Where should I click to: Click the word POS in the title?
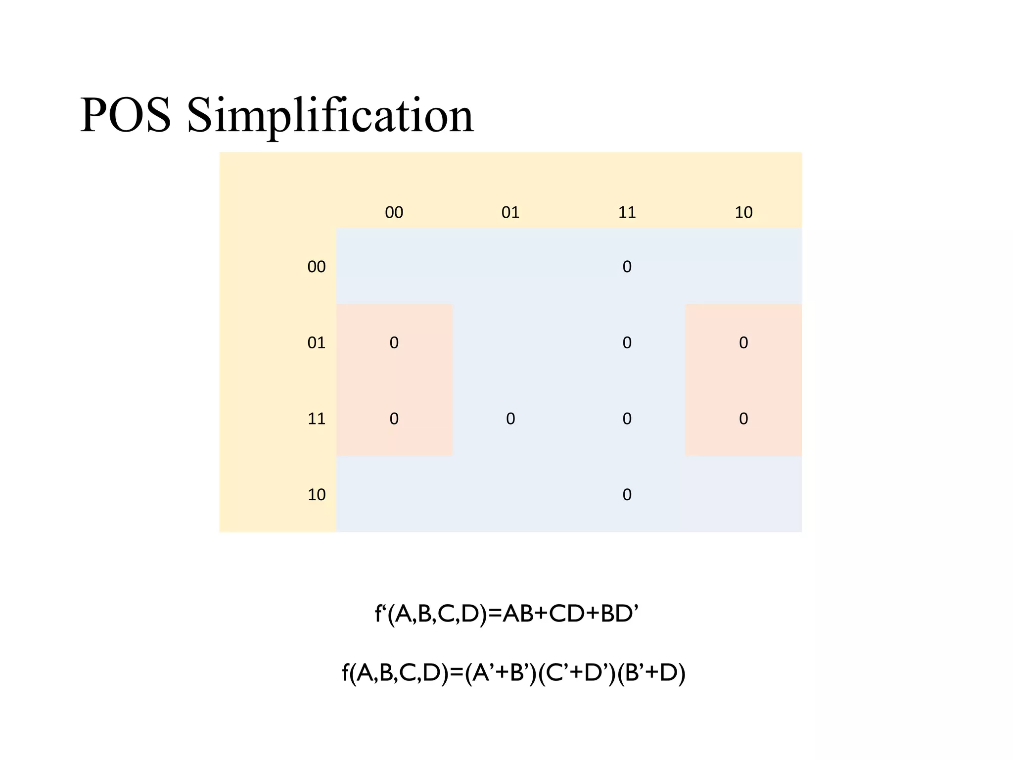126,115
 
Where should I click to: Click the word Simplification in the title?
330,115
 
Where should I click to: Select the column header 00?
394,212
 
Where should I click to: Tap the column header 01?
510,212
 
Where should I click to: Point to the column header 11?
627,212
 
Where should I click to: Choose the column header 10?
743,212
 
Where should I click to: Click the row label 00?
317,267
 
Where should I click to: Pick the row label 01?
317,342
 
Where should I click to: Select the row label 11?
317,419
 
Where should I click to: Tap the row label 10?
317,494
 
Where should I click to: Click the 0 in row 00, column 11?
627,267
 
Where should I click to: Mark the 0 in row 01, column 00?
394,342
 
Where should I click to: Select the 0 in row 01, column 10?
743,342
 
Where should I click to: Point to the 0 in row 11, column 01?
510,419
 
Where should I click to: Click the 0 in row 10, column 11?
627,494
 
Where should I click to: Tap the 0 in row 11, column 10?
743,419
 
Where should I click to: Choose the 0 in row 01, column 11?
627,342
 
